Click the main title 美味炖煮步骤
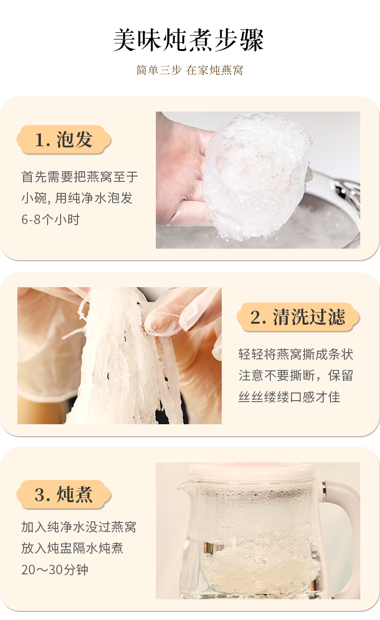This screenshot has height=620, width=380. [189, 40]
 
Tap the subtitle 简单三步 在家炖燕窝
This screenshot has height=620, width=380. [190, 70]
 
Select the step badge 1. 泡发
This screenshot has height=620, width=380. [64, 139]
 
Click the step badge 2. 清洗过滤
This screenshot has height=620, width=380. [298, 317]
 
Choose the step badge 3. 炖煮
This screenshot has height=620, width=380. [64, 494]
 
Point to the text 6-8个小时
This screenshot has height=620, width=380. [51, 219]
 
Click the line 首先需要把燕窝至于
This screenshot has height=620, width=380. [80, 177]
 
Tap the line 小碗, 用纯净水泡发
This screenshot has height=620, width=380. [77, 198]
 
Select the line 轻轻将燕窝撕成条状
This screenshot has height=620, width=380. [296, 354]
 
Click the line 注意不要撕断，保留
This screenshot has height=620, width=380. [296, 376]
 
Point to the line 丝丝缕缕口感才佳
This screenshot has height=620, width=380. [289, 397]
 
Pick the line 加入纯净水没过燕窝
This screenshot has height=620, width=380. [78, 527]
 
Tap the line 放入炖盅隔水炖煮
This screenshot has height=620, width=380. [72, 548]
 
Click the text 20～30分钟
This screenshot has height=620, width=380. [55, 569]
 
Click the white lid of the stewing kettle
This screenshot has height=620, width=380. [252, 470]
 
